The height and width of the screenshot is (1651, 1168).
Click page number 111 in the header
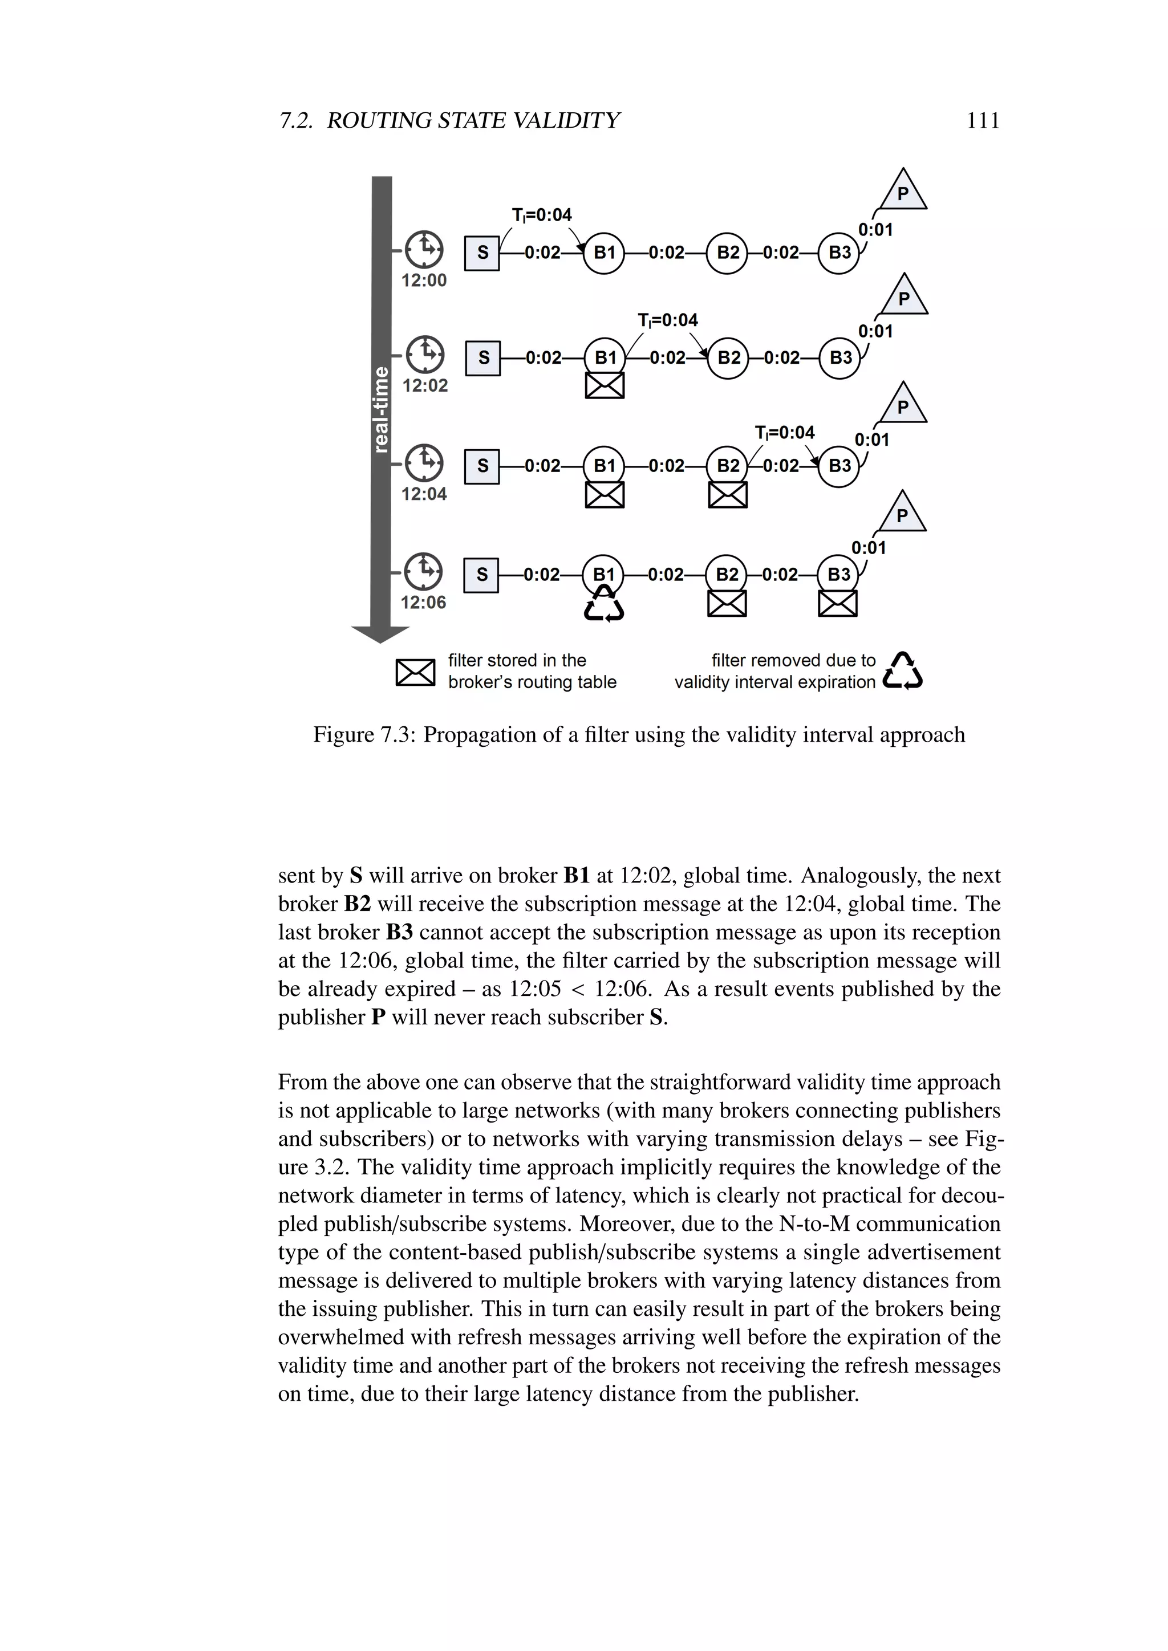click(x=983, y=120)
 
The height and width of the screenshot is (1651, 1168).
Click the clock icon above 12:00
click(x=424, y=250)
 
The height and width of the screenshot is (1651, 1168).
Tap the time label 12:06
click(x=423, y=603)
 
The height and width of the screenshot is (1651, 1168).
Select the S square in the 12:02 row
click(x=482, y=357)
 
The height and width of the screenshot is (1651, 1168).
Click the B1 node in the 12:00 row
click(x=603, y=253)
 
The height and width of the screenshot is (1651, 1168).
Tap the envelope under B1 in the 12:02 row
click(x=604, y=385)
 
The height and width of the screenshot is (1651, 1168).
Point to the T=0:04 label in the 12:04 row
click(x=785, y=433)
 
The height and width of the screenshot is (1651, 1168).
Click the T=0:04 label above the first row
click(x=542, y=215)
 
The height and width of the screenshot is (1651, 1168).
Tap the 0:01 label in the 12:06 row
click(x=868, y=548)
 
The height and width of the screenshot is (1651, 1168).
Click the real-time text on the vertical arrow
click(x=381, y=410)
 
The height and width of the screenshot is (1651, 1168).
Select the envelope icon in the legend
click(x=415, y=672)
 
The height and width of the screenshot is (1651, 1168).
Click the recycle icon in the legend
click(x=903, y=671)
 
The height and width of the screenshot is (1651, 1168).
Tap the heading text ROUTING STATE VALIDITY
click(x=473, y=120)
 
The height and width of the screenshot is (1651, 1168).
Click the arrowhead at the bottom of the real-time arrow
click(x=380, y=634)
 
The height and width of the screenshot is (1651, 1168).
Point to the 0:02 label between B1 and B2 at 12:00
click(x=666, y=253)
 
